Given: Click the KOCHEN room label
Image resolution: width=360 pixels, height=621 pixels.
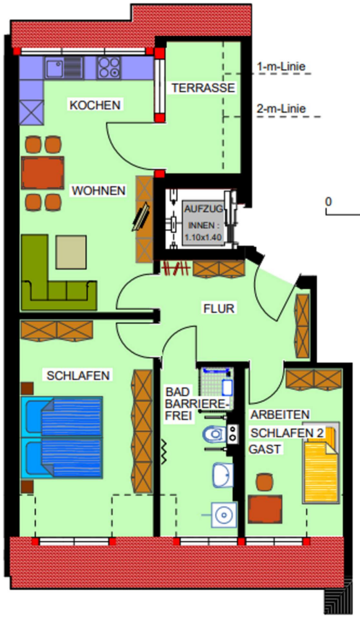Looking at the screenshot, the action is click(95, 105).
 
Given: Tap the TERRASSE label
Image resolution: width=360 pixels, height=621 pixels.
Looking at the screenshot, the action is click(203, 88).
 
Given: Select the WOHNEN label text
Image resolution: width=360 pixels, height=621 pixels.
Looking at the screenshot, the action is click(98, 190).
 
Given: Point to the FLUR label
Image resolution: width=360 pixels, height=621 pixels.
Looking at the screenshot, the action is click(219, 308).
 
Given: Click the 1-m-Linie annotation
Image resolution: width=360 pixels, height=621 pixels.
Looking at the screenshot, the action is click(281, 66).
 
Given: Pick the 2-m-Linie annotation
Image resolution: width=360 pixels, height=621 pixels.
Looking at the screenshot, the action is click(281, 108).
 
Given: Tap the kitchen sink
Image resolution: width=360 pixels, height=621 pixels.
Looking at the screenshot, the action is click(63, 68).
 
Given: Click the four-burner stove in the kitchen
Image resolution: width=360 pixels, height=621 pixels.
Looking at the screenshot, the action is click(108, 68).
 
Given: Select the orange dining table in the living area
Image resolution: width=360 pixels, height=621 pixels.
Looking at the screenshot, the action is click(43, 173).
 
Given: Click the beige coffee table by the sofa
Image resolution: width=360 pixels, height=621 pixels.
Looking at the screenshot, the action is click(71, 252).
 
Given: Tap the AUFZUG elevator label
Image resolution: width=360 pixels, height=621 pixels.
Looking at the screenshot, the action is click(203, 208).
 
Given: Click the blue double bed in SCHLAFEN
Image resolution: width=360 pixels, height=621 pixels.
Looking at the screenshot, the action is click(62, 437).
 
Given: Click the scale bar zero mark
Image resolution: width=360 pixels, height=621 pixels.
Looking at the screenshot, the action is click(328, 201).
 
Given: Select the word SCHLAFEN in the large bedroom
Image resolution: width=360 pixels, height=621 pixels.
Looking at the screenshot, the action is click(78, 375).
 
